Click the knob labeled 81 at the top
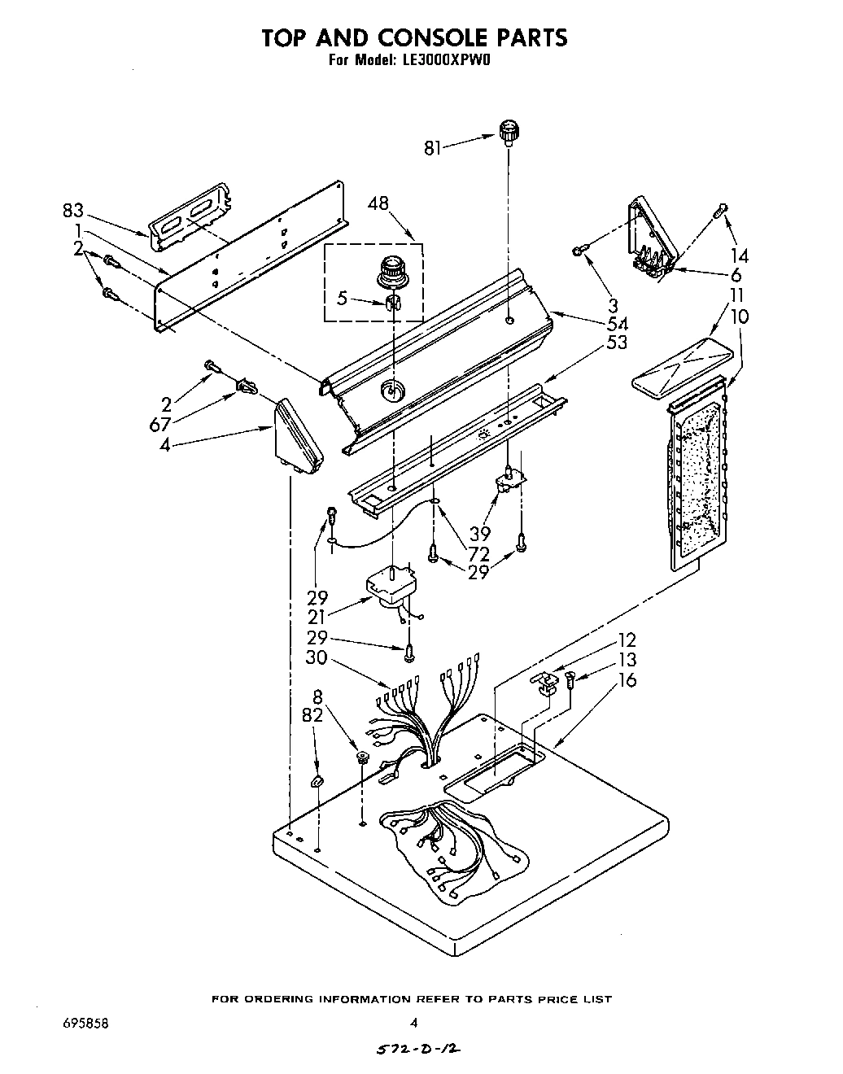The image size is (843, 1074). pyautogui.click(x=509, y=131)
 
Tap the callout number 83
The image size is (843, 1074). pyautogui.click(x=73, y=211)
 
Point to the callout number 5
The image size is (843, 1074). pyautogui.click(x=343, y=299)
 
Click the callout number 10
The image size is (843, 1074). pyautogui.click(x=740, y=316)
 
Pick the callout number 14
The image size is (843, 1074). pyautogui.click(x=739, y=255)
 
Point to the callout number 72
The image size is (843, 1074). pyautogui.click(x=479, y=555)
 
